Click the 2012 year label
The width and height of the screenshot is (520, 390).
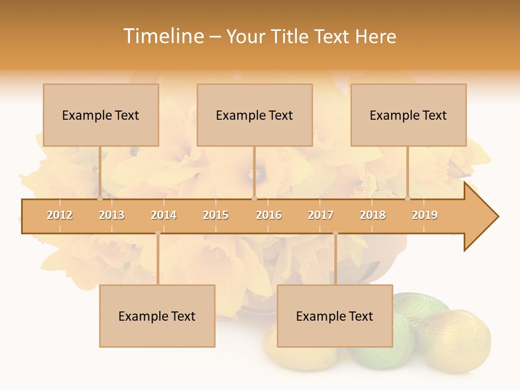(60, 216)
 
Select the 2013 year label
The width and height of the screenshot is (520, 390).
(112, 216)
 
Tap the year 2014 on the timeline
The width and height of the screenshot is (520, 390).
(164, 216)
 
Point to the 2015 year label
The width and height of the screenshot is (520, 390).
(216, 216)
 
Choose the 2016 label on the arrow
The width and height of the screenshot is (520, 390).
(269, 216)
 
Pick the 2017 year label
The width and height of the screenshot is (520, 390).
(321, 216)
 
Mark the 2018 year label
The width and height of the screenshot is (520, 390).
(373, 216)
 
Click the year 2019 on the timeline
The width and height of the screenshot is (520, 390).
(425, 216)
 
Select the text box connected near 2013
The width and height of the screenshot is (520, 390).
(101, 115)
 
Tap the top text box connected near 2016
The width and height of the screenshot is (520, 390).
(255, 115)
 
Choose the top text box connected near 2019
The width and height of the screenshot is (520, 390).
(408, 115)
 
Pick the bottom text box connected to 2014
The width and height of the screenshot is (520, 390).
(157, 316)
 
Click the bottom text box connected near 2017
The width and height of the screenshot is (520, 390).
(335, 316)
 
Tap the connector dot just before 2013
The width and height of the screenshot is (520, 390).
(100, 198)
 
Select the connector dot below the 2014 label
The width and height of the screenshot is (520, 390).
(158, 233)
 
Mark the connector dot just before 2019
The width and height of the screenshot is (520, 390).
(407, 198)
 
